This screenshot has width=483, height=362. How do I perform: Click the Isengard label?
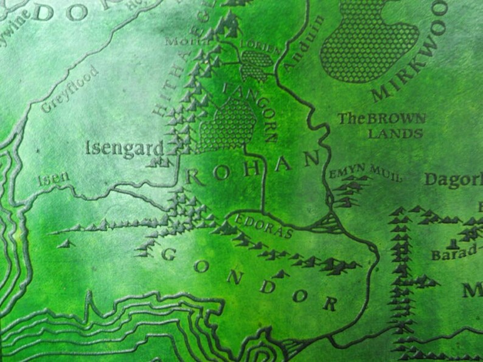tap(125, 148)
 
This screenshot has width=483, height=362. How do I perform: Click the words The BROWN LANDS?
tap(383, 126)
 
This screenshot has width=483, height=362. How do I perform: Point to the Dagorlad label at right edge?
tap(453, 180)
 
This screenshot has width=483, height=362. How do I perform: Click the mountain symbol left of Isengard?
tap(160, 162)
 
